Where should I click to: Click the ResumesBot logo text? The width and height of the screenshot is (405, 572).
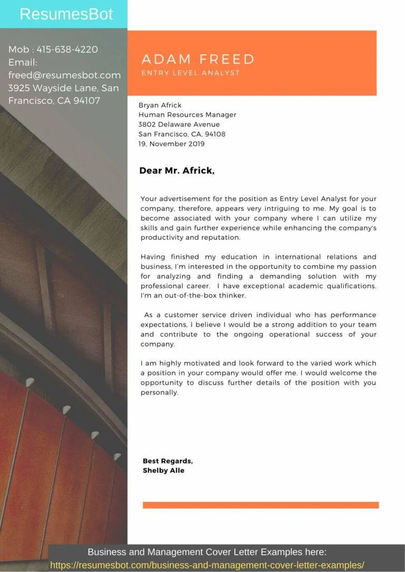[66, 14]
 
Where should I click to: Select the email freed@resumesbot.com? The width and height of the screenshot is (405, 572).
[64, 75]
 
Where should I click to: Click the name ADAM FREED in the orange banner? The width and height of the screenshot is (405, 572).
[198, 59]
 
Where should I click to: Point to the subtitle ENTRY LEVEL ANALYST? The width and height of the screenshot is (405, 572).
[190, 73]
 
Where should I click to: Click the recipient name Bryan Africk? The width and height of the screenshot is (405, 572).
[160, 105]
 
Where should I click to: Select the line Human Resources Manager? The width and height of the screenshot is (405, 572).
[187, 115]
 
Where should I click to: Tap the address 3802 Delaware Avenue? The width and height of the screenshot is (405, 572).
[179, 124]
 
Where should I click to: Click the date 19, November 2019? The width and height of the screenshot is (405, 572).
[171, 144]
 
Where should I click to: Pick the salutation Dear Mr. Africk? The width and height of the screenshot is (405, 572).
[177, 171]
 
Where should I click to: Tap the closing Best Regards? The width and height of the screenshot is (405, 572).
[168, 461]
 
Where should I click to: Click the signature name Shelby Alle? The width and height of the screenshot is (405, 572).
[163, 470]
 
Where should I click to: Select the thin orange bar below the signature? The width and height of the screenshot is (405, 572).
[261, 505]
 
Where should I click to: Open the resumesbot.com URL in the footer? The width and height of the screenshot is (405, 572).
[207, 565]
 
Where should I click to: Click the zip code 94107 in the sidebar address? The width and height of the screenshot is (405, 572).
[85, 101]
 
